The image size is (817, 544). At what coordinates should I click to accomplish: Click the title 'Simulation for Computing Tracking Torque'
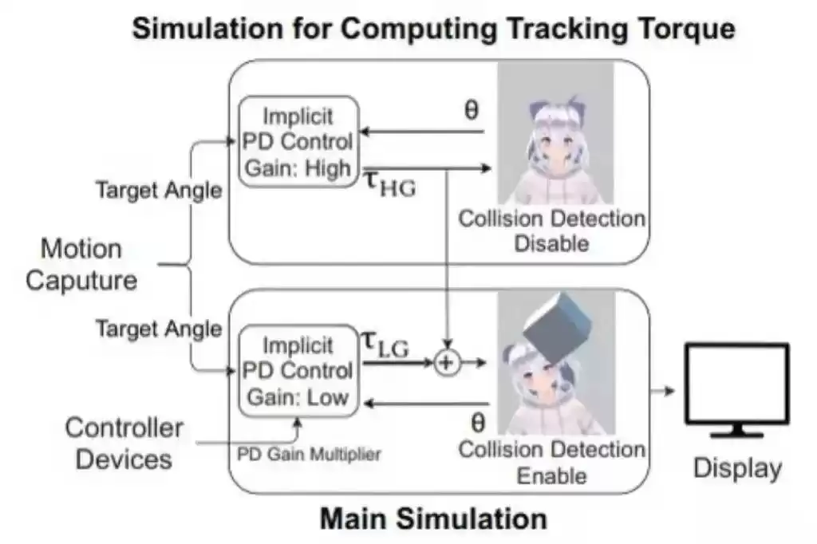click(432, 30)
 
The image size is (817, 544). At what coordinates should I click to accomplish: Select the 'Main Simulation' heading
click(433, 518)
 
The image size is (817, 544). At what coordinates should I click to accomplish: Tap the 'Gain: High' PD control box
click(297, 142)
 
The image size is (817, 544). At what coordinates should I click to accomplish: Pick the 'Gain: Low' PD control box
click(297, 370)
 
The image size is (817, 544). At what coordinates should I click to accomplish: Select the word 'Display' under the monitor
click(736, 467)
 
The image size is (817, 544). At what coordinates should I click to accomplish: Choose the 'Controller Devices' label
click(124, 443)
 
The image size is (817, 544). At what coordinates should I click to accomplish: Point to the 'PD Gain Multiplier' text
click(309, 454)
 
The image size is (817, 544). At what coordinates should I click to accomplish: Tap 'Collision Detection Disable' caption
click(551, 230)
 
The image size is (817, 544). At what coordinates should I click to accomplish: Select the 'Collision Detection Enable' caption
click(551, 463)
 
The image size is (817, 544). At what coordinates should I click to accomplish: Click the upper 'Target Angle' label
click(159, 190)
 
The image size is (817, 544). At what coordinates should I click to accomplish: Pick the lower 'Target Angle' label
click(159, 328)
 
